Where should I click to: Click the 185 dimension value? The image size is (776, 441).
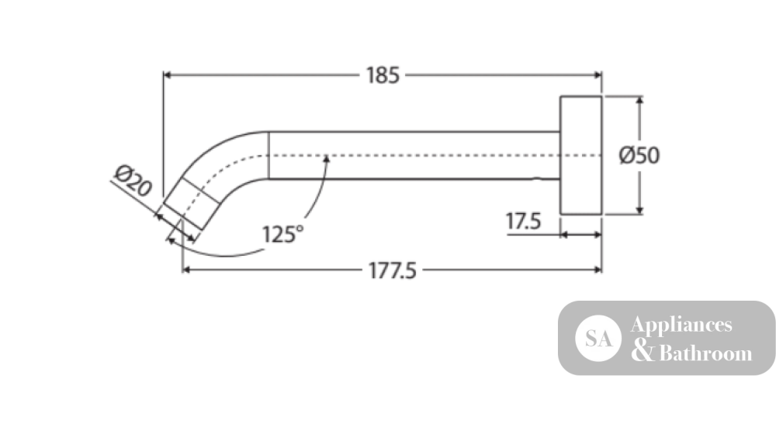coord(383,76)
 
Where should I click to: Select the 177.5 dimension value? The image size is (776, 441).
coord(393,271)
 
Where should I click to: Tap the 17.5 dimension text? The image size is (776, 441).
coord(523,221)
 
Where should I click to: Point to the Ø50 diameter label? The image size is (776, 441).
coord(639,155)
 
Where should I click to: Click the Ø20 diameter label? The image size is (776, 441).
coord(133,181)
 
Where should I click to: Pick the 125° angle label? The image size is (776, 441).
coord(282,234)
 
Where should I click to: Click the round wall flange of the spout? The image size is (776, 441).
coord(581,155)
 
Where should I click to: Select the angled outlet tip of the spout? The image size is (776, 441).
coord(191,204)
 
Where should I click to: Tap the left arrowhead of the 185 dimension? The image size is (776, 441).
coord(168,75)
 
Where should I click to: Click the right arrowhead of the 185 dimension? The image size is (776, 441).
coord(598,75)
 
